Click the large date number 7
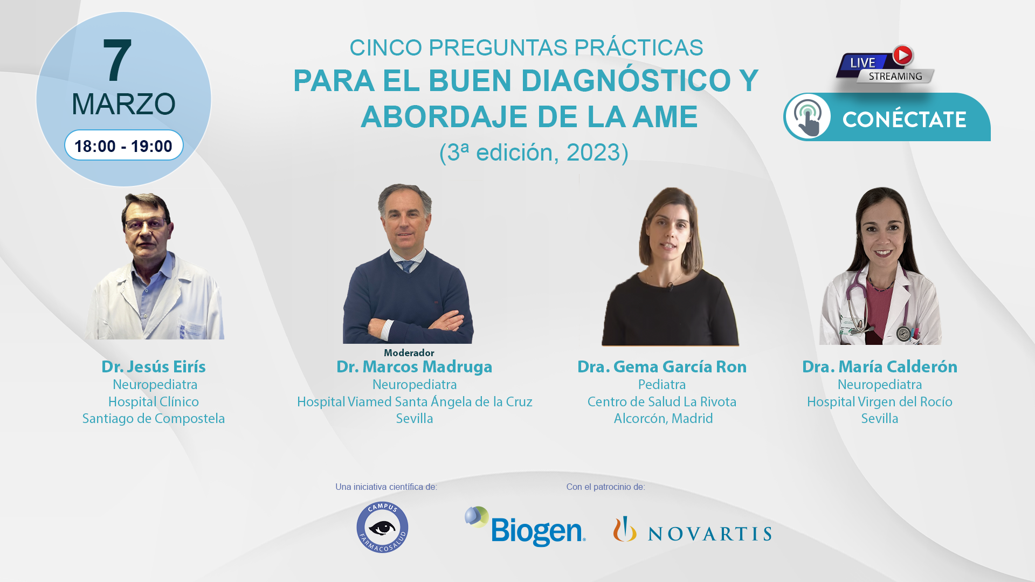(117, 60)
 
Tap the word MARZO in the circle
(123, 104)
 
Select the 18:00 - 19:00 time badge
(124, 145)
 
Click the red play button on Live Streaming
(902, 55)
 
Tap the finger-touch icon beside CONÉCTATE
(808, 116)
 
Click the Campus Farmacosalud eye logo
(382, 527)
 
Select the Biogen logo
(525, 526)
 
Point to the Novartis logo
(692, 529)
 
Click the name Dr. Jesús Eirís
(154, 366)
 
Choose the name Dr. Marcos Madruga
(414, 366)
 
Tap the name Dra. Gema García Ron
(662, 366)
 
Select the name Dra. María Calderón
(880, 366)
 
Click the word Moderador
(409, 352)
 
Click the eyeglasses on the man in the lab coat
(145, 224)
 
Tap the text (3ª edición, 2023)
(534, 153)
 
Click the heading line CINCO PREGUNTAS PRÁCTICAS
(526, 47)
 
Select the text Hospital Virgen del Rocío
(880, 401)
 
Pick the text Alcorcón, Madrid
(663, 418)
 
